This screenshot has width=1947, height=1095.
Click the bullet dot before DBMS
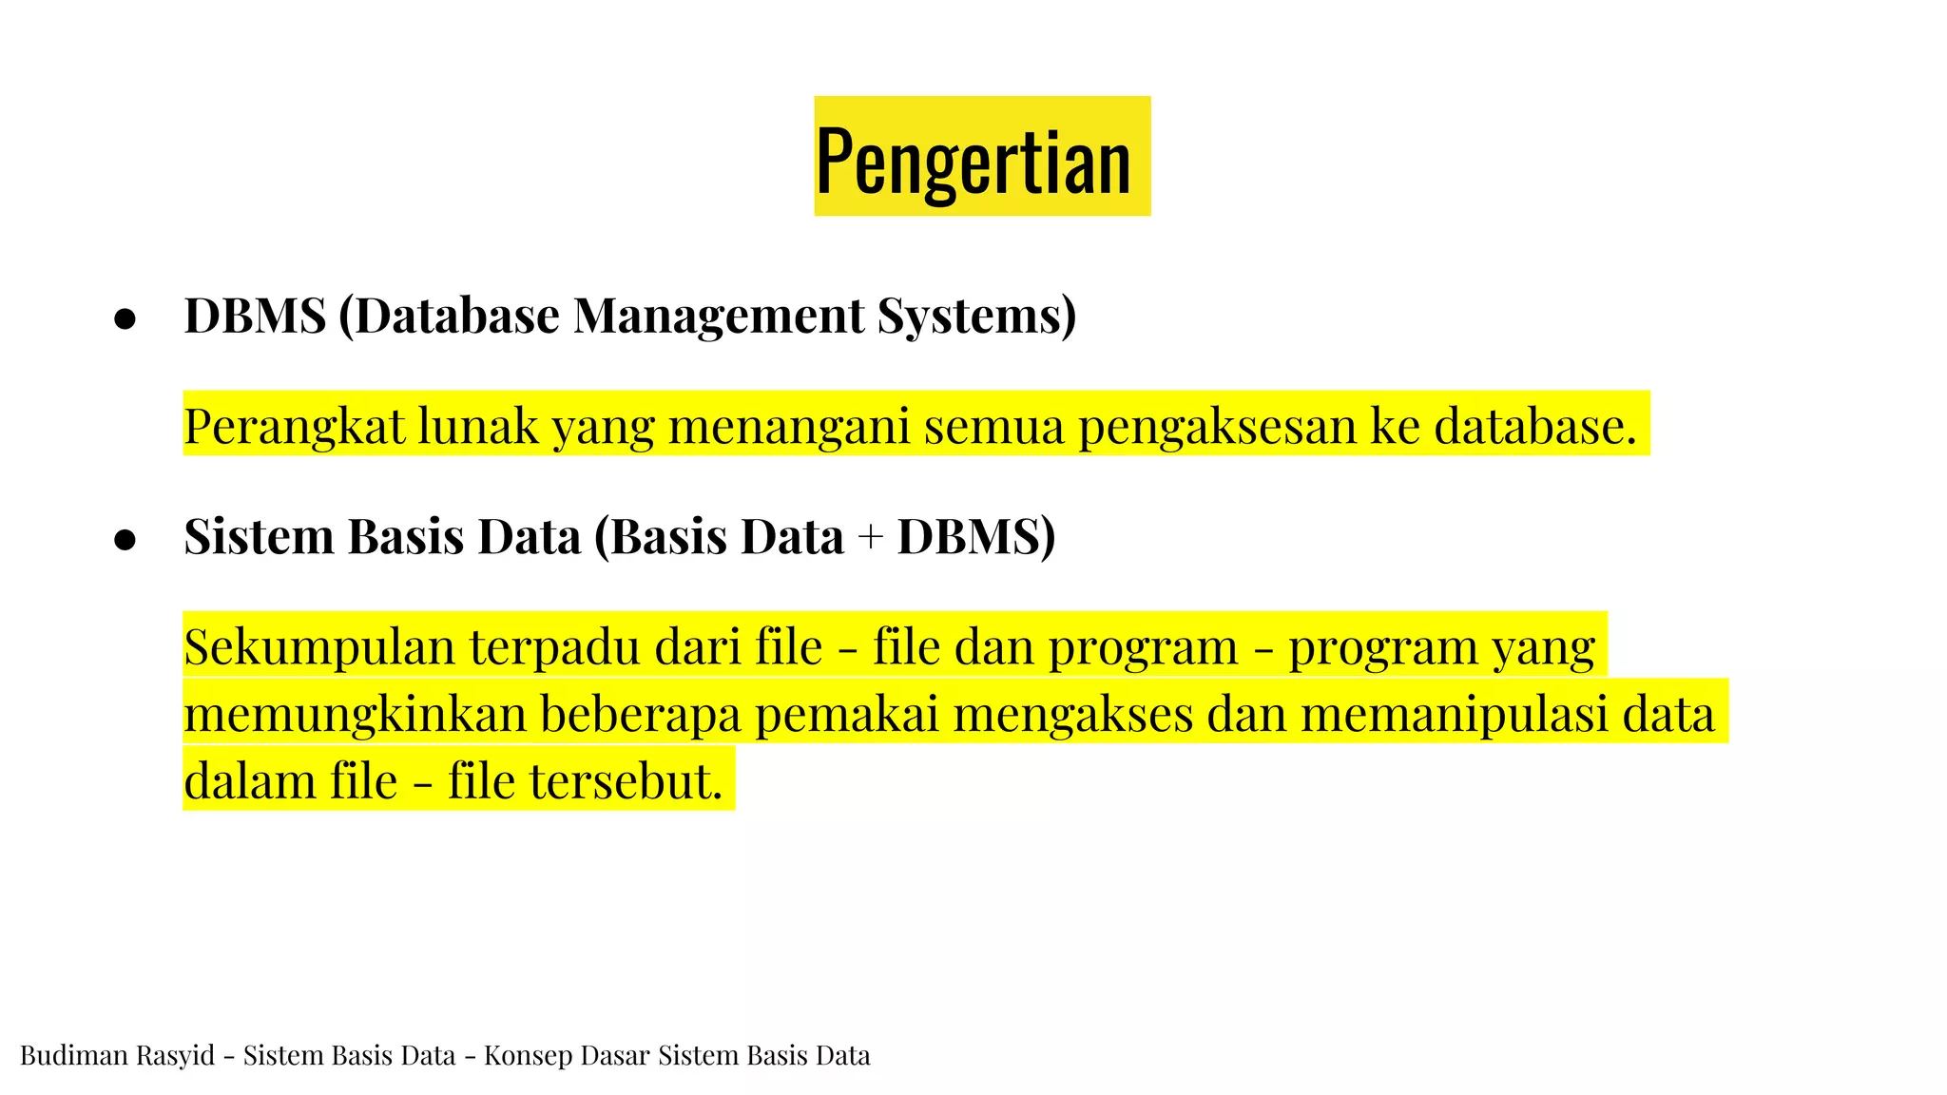pyautogui.click(x=125, y=319)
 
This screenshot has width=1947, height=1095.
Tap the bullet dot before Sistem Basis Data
pyautogui.click(x=125, y=540)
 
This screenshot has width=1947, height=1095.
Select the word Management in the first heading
pyautogui.click(x=719, y=317)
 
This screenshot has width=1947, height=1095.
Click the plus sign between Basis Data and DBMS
pyautogui.click(x=870, y=538)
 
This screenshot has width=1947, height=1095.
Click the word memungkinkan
pyautogui.click(x=355, y=714)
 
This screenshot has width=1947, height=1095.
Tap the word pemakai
pyautogui.click(x=846, y=714)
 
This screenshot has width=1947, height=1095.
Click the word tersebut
pyautogui.click(x=626, y=781)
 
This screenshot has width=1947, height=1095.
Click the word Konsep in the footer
pyautogui.click(x=525, y=1055)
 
